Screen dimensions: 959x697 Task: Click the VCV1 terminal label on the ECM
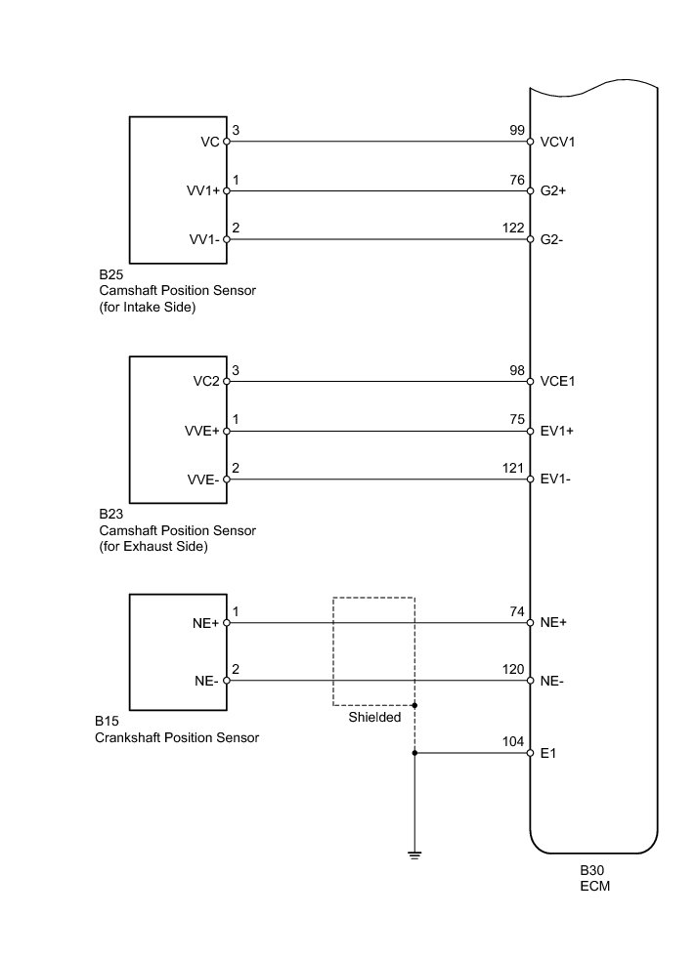(x=556, y=142)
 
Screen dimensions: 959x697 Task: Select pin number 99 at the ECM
(x=517, y=130)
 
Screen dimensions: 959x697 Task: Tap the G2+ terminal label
(x=553, y=191)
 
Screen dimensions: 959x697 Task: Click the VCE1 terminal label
(x=557, y=382)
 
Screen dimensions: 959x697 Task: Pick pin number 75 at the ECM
(x=517, y=418)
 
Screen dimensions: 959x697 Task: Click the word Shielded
(x=374, y=717)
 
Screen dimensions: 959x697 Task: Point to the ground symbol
(x=414, y=855)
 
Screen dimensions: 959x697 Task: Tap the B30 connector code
(x=590, y=870)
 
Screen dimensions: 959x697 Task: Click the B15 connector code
(x=107, y=721)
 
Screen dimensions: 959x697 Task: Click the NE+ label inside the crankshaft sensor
(x=207, y=622)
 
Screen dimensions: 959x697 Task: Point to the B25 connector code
(x=110, y=274)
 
